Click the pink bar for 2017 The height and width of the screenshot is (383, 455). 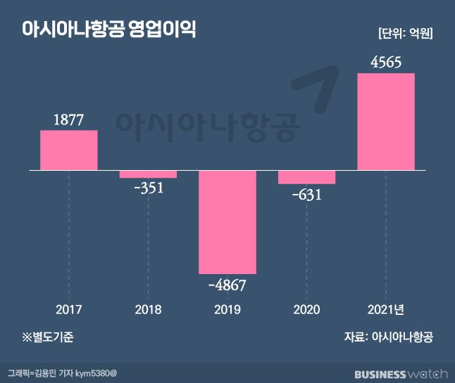[x=68, y=150]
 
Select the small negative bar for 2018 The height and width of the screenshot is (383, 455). [x=148, y=174]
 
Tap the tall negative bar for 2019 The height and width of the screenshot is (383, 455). [x=227, y=222]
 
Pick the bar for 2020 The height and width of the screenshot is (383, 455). [x=306, y=177]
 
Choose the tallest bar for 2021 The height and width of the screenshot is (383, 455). [x=386, y=122]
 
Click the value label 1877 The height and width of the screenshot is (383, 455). [x=68, y=120]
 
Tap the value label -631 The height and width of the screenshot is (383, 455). [x=306, y=194]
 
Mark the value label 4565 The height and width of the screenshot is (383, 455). [x=386, y=63]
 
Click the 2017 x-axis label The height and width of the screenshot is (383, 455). [x=68, y=310]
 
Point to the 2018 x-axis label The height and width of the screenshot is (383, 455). [x=148, y=310]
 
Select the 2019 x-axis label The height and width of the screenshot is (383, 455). [x=227, y=310]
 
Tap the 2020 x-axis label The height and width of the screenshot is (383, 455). [x=306, y=310]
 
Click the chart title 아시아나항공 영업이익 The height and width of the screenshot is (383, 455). [x=109, y=31]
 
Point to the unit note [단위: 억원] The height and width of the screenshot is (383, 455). [x=404, y=33]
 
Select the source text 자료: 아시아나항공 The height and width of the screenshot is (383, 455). [x=388, y=337]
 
